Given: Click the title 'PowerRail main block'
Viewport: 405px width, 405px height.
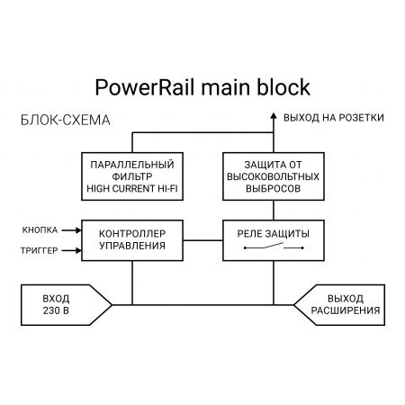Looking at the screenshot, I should click(x=202, y=87).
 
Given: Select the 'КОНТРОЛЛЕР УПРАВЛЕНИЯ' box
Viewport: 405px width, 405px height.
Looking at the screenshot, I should click(x=132, y=238).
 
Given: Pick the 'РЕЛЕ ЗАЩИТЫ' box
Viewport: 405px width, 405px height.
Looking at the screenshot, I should click(x=273, y=238).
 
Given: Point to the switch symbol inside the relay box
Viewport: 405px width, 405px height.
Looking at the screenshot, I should click(x=273, y=247).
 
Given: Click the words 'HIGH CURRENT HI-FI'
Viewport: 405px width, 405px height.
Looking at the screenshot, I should click(x=132, y=189).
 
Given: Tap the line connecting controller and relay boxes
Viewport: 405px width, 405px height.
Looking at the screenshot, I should click(x=202, y=238).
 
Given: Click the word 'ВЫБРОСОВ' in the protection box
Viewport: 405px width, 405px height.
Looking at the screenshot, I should click(x=273, y=190).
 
